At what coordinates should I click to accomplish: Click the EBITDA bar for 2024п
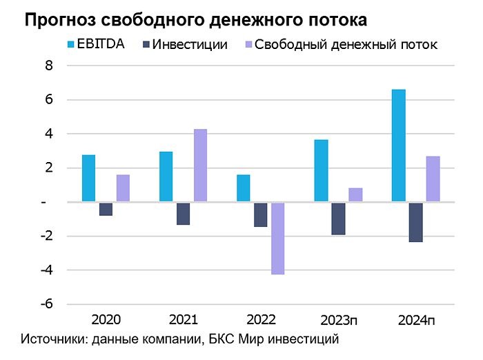398,146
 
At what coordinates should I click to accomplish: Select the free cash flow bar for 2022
278,238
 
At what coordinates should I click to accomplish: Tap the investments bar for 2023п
338,219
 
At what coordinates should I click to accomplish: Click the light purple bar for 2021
200,166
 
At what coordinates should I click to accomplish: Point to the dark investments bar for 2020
106,209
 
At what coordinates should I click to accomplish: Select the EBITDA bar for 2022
243,188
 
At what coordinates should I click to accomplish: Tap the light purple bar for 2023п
355,195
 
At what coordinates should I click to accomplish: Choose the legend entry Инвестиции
189,46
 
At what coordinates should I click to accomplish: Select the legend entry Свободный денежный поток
345,46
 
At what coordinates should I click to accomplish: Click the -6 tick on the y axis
47,304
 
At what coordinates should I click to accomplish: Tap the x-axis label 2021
183,320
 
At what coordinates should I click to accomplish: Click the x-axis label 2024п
416,321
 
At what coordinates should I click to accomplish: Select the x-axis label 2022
260,320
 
